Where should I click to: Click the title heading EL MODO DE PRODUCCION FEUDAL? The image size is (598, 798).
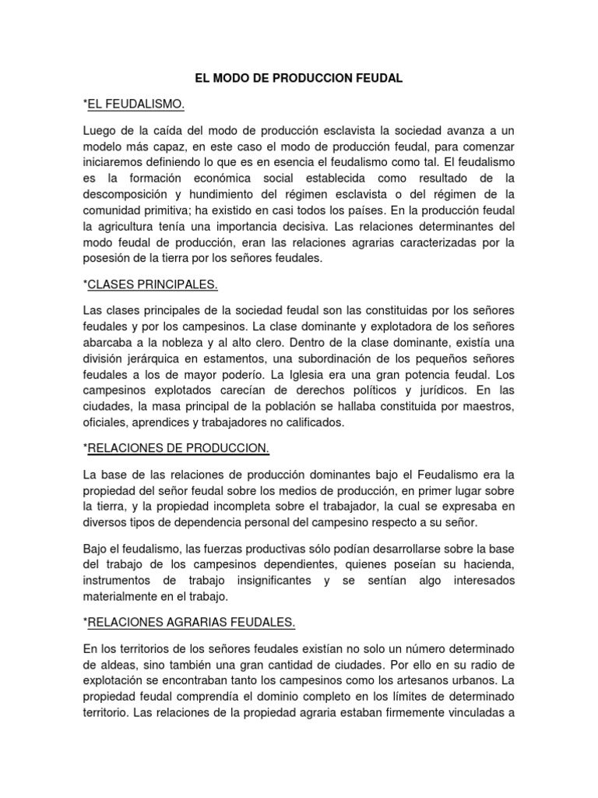coord(299,79)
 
